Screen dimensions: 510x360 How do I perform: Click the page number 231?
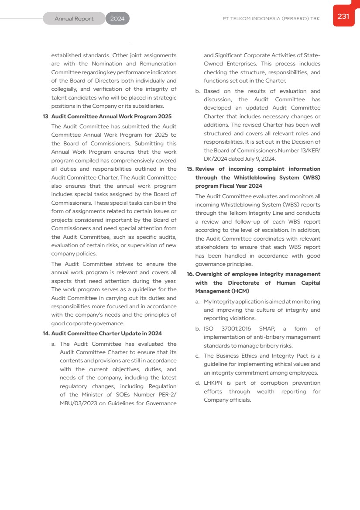pyautogui.click(x=343, y=17)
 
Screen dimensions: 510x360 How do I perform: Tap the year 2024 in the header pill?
pyautogui.click(x=117, y=19)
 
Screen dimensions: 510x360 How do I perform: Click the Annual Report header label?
pyautogui.click(x=74, y=19)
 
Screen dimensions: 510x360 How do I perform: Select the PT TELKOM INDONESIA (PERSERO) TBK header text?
pyautogui.click(x=271, y=19)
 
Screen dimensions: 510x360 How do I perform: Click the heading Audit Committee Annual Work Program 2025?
pyautogui.click(x=111, y=117)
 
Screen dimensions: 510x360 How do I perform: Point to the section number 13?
pyautogui.click(x=45, y=117)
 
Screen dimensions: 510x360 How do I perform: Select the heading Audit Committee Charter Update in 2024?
pyautogui.click(x=106, y=334)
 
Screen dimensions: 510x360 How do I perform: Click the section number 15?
pyautogui.click(x=190, y=169)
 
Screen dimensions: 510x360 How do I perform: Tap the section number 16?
pyautogui.click(x=190, y=274)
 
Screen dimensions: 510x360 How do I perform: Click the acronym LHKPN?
pyautogui.click(x=213, y=383)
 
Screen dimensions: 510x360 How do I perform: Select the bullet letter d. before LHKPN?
pyautogui.click(x=198, y=383)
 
